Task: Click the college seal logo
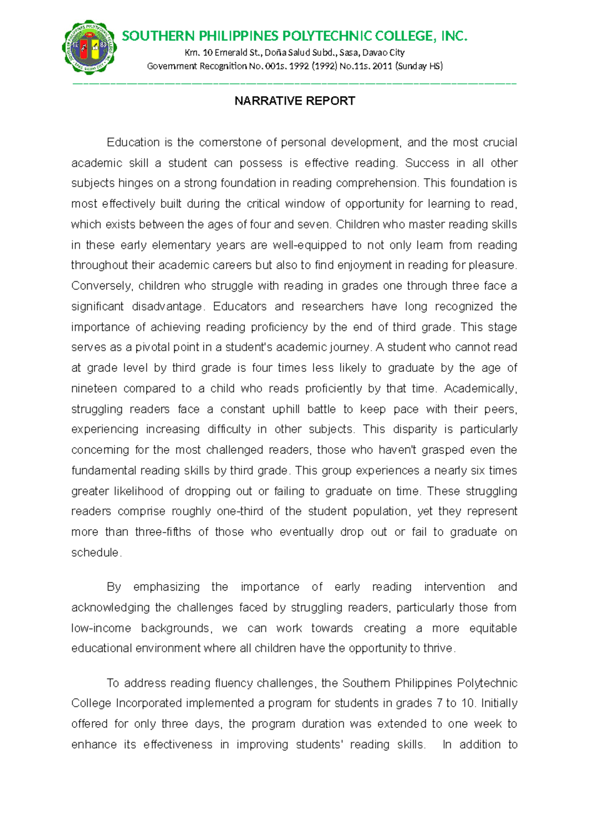point(89,47)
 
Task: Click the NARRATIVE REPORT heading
point(295,101)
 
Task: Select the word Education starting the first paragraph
point(133,143)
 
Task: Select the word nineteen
point(94,388)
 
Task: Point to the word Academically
point(480,388)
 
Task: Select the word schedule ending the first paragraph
point(95,553)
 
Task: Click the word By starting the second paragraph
point(114,587)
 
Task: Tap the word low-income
point(101,628)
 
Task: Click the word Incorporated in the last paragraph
point(149,703)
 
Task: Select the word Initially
point(499,703)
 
